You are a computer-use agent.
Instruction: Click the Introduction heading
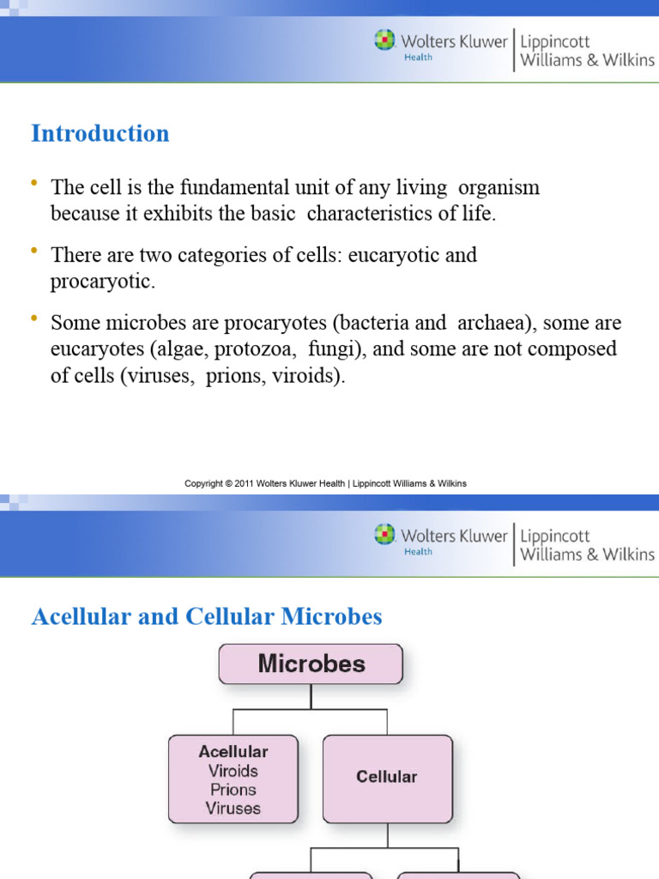100,134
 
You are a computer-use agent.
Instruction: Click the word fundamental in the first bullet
204,187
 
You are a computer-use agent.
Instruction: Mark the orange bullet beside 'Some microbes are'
34,319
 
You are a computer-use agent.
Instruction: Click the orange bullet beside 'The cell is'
34,183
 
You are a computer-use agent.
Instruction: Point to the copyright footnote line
325,483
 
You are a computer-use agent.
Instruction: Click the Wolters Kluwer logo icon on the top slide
384,39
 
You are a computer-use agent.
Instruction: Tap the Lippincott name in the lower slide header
555,536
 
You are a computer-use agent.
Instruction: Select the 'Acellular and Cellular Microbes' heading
207,616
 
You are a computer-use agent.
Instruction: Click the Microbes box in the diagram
311,664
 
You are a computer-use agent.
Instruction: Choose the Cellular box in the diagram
387,777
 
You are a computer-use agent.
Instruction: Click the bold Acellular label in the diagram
233,751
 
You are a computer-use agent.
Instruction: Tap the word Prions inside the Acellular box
233,790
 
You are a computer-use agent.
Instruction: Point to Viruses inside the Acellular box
233,809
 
